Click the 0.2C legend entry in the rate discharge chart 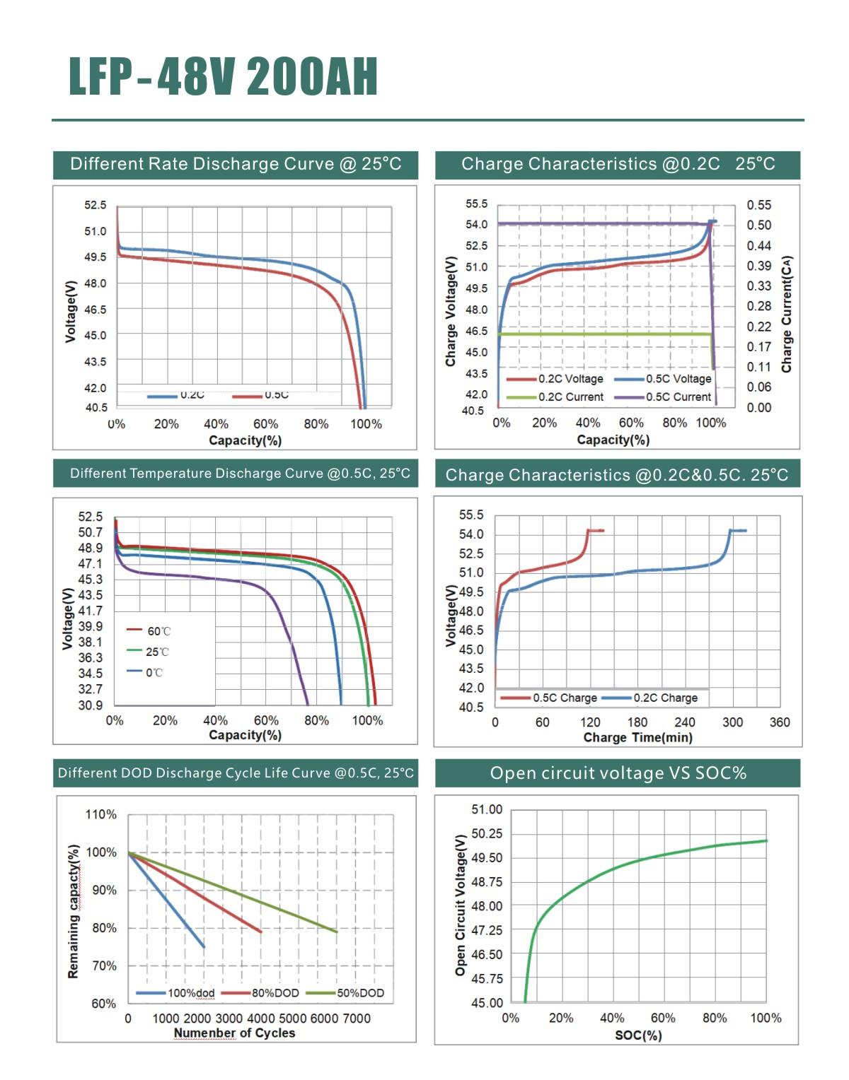tap(177, 396)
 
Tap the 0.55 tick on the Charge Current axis tap(759, 205)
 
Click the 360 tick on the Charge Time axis tap(780, 722)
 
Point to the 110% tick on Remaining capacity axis tap(101, 814)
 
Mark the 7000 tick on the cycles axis tap(357, 1019)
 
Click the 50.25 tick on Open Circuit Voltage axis tap(487, 834)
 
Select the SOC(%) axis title tap(638, 1035)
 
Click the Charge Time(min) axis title tap(637, 738)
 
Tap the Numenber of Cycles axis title tap(234, 1033)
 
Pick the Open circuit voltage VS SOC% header tap(618, 773)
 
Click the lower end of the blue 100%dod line tap(204, 947)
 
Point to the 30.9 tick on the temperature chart tap(91, 705)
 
